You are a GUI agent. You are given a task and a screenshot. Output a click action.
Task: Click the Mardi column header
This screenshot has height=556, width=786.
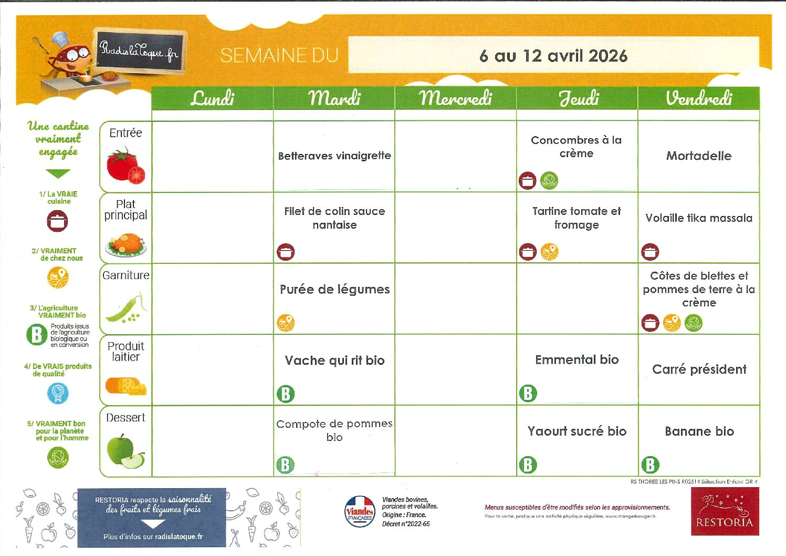tap(334, 98)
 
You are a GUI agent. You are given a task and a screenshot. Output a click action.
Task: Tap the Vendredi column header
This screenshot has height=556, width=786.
tap(698, 98)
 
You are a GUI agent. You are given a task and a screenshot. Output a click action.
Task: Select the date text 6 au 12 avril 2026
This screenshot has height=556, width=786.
tap(553, 56)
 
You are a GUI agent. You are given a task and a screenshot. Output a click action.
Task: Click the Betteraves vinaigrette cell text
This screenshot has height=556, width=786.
tap(334, 156)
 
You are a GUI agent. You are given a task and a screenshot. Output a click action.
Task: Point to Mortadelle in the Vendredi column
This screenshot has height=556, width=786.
tap(698, 156)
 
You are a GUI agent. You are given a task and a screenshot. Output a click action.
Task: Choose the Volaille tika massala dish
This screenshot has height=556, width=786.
tap(698, 218)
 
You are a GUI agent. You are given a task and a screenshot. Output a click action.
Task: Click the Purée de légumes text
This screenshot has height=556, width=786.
tap(334, 289)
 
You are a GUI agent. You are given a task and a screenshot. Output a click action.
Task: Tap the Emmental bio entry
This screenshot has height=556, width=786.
tap(577, 359)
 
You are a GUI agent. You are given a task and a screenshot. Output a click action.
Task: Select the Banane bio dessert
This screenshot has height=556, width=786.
tap(699, 431)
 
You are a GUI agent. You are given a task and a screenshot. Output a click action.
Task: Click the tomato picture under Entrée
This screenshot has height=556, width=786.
tap(126, 166)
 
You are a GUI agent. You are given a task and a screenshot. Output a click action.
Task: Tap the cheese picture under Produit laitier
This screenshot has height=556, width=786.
tap(126, 386)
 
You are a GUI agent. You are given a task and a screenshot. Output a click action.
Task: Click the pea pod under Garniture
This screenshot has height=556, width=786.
tap(125, 309)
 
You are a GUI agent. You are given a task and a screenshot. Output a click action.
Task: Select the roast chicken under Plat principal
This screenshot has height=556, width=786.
tap(125, 245)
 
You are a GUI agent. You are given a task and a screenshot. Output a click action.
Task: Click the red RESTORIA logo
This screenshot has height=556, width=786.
tap(725, 511)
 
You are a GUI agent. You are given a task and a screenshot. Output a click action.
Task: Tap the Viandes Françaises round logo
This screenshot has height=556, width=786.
tap(360, 512)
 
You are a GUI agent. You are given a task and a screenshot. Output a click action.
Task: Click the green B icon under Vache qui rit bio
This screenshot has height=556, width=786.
tap(286, 394)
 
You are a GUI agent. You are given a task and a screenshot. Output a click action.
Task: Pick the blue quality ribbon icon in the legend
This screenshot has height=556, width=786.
tap(58, 393)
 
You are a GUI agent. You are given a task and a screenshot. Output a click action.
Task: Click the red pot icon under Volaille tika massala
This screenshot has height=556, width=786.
tap(650, 252)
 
